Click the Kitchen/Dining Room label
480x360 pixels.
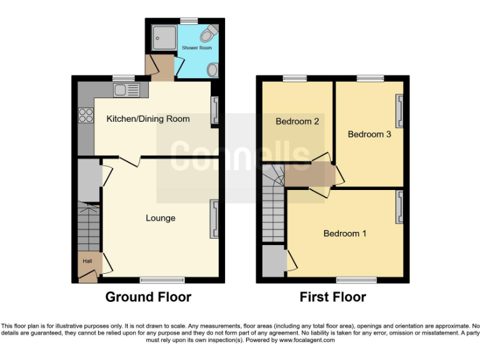[x=147, y=119]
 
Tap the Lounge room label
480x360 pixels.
[x=161, y=218]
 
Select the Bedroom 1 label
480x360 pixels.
[x=344, y=234]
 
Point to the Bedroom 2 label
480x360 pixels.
[x=297, y=121]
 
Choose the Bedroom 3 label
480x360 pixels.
[x=369, y=134]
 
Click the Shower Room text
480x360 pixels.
[x=196, y=47]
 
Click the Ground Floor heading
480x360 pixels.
[x=148, y=297]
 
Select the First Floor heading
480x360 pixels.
[x=332, y=297]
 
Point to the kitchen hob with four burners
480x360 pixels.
[x=84, y=116]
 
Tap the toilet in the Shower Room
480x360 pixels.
[x=211, y=31]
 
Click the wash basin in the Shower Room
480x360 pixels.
[x=213, y=70]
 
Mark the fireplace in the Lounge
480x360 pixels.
[x=214, y=219]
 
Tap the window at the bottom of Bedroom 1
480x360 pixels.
[x=357, y=279]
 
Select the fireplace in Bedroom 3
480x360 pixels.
[x=398, y=111]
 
